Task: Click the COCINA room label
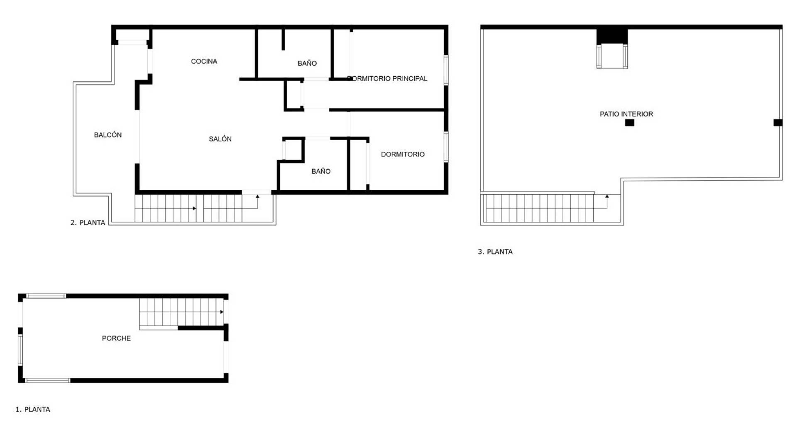pyautogui.click(x=204, y=61)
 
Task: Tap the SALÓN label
pyautogui.click(x=220, y=139)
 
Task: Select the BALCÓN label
pyautogui.click(x=108, y=135)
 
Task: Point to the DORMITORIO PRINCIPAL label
pyautogui.click(x=387, y=78)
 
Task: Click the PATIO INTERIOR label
pyautogui.click(x=626, y=114)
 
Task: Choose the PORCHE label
pyautogui.click(x=116, y=338)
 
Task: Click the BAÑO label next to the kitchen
pyautogui.click(x=307, y=63)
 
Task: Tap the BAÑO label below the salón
pyautogui.click(x=321, y=171)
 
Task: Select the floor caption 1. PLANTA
pyautogui.click(x=33, y=409)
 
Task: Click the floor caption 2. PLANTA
pyautogui.click(x=88, y=223)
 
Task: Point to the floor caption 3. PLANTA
pyautogui.click(x=495, y=252)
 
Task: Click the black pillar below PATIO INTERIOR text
pyautogui.click(x=630, y=123)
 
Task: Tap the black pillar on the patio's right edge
pyautogui.click(x=778, y=123)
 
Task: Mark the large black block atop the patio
pyautogui.click(x=612, y=37)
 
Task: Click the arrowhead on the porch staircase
pyautogui.click(x=222, y=312)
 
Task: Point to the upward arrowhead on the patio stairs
pyautogui.click(x=607, y=196)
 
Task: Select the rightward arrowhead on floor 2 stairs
pyautogui.click(x=194, y=208)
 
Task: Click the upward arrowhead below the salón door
pyautogui.click(x=257, y=196)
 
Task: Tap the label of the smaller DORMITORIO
pyautogui.click(x=403, y=154)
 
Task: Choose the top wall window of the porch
pyautogui.click(x=46, y=296)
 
